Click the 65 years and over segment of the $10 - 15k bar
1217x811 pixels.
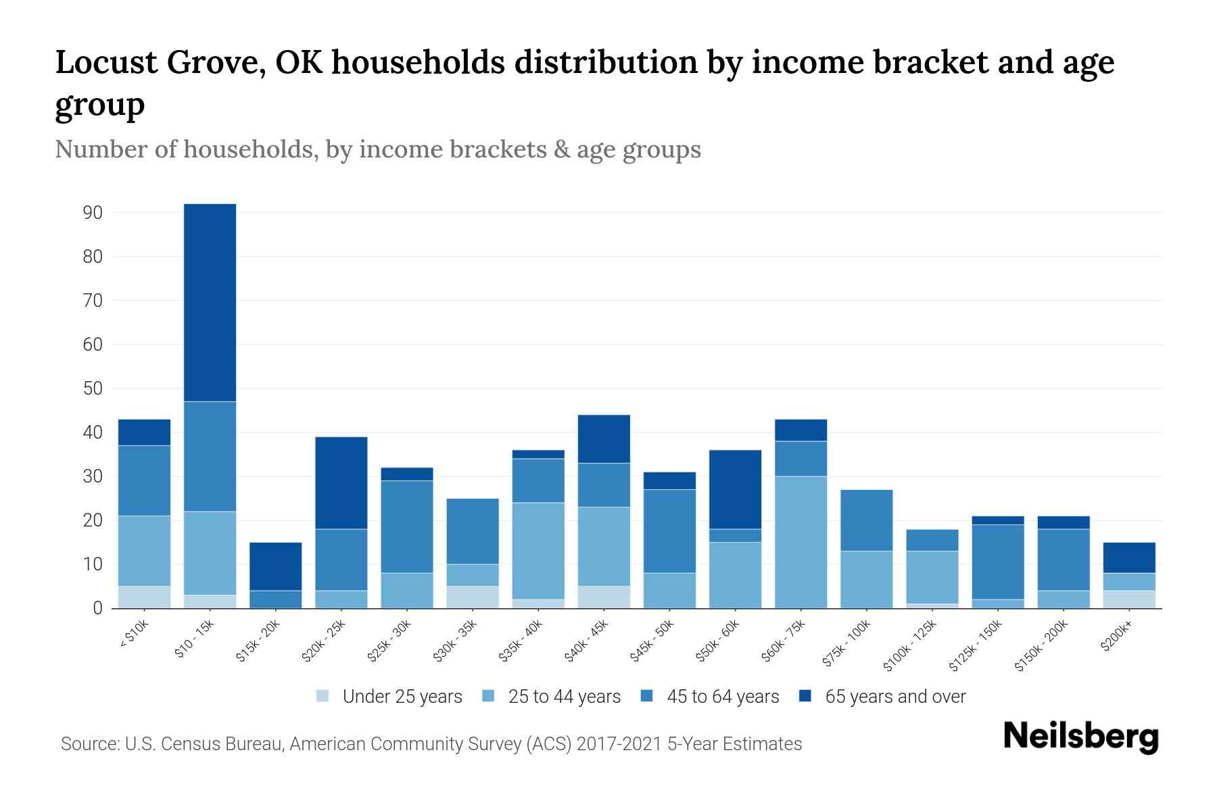tap(210, 303)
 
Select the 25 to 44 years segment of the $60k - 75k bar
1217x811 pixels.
tap(801, 542)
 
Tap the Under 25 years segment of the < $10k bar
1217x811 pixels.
tap(144, 597)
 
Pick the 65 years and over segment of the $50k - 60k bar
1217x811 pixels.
tap(735, 489)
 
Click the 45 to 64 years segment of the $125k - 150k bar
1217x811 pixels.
tap(997, 562)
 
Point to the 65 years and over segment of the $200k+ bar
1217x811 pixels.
tap(1128, 558)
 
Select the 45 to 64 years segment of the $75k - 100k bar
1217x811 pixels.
tap(866, 520)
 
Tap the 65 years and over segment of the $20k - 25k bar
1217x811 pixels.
tap(341, 483)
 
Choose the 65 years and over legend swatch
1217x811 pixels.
tap(805, 696)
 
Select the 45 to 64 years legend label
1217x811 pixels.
tap(723, 697)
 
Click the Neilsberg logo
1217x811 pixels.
tap(1080, 736)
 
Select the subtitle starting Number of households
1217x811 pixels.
tap(377, 149)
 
